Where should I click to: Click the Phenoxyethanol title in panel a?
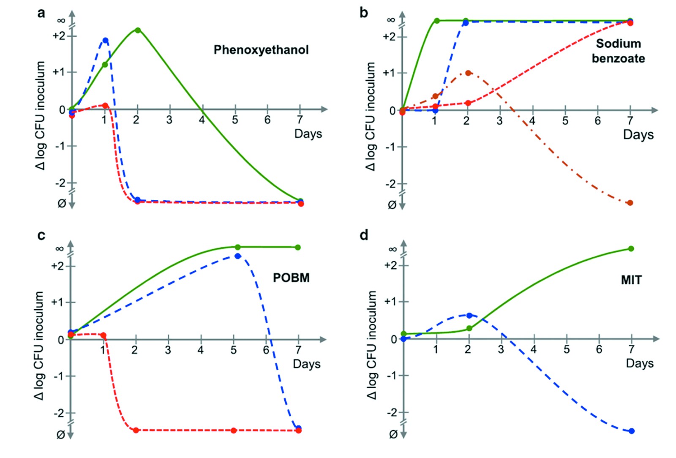tap(261, 50)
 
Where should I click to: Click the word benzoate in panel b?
tap(618, 58)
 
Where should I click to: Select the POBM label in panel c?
tap(291, 278)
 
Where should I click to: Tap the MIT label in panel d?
tap(631, 280)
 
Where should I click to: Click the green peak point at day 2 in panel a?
tap(138, 30)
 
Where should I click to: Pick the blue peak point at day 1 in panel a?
tap(105, 41)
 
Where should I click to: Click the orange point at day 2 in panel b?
tap(468, 73)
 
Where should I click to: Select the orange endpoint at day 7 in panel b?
tap(630, 203)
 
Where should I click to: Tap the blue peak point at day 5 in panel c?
tap(237, 256)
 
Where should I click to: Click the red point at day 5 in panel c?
tap(234, 431)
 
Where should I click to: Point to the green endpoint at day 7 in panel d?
tap(631, 249)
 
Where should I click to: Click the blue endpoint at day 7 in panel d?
tap(632, 431)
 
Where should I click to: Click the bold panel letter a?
tap(41, 13)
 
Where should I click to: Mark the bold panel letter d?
tap(364, 235)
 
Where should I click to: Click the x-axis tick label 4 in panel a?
tap(202, 120)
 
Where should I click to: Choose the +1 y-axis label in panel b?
tap(389, 73)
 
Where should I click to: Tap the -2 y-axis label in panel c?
tap(59, 413)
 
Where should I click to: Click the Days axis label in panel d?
tap(640, 363)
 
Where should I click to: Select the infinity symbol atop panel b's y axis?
tap(391, 20)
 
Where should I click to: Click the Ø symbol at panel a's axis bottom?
tap(61, 204)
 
